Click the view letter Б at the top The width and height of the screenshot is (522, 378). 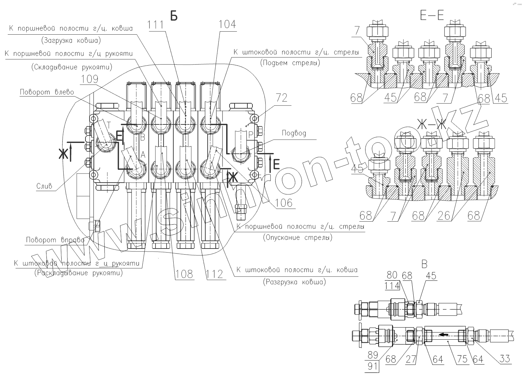point(174,15)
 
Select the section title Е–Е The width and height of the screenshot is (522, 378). point(432,15)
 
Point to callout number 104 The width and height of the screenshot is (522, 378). point(227,25)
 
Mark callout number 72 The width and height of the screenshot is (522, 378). point(282,98)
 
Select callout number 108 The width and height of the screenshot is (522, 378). point(184,274)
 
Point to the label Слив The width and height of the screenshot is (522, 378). point(44,186)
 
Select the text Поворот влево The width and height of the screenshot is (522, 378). point(47,92)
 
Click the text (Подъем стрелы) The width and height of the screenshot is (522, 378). point(290,63)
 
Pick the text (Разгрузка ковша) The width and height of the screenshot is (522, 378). point(294,282)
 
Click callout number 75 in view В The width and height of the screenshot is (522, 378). point(462,359)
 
